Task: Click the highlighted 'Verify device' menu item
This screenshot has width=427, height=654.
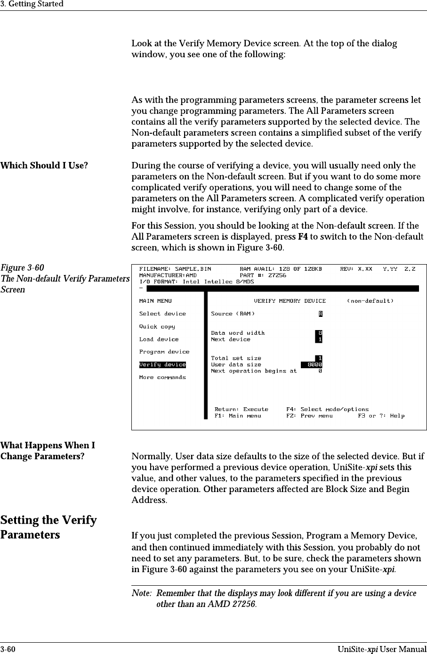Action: pyautogui.click(x=162, y=364)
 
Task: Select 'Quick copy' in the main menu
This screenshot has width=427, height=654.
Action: pyautogui.click(x=157, y=326)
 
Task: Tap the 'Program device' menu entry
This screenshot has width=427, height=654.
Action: pyautogui.click(x=164, y=352)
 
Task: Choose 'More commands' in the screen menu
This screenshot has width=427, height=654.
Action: pyautogui.click(x=162, y=377)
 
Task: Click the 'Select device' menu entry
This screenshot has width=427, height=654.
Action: pyautogui.click(x=162, y=314)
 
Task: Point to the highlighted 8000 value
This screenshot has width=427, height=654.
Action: pyautogui.click(x=312, y=364)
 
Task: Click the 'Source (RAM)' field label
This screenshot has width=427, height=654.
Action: pyautogui.click(x=233, y=314)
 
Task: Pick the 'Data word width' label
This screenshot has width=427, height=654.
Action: pyautogui.click(x=238, y=333)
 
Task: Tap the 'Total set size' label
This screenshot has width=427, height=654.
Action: pyautogui.click(x=236, y=358)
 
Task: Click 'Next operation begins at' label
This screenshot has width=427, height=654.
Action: pyautogui.click(x=254, y=371)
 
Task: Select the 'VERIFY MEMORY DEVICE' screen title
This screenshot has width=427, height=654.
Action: pyautogui.click(x=290, y=301)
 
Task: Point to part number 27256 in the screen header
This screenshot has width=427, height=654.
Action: pyautogui.click(x=277, y=275)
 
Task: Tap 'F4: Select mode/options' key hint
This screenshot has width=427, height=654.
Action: pyautogui.click(x=327, y=409)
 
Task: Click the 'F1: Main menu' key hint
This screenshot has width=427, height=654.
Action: pyautogui.click(x=238, y=416)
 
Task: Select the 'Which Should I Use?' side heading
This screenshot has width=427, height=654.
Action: pyautogui.click(x=44, y=166)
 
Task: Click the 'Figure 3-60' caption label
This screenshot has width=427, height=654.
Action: pyautogui.click(x=23, y=268)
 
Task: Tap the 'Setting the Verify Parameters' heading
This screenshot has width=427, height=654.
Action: pyautogui.click(x=48, y=527)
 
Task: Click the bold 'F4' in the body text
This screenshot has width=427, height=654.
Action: pyautogui.click(x=303, y=236)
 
